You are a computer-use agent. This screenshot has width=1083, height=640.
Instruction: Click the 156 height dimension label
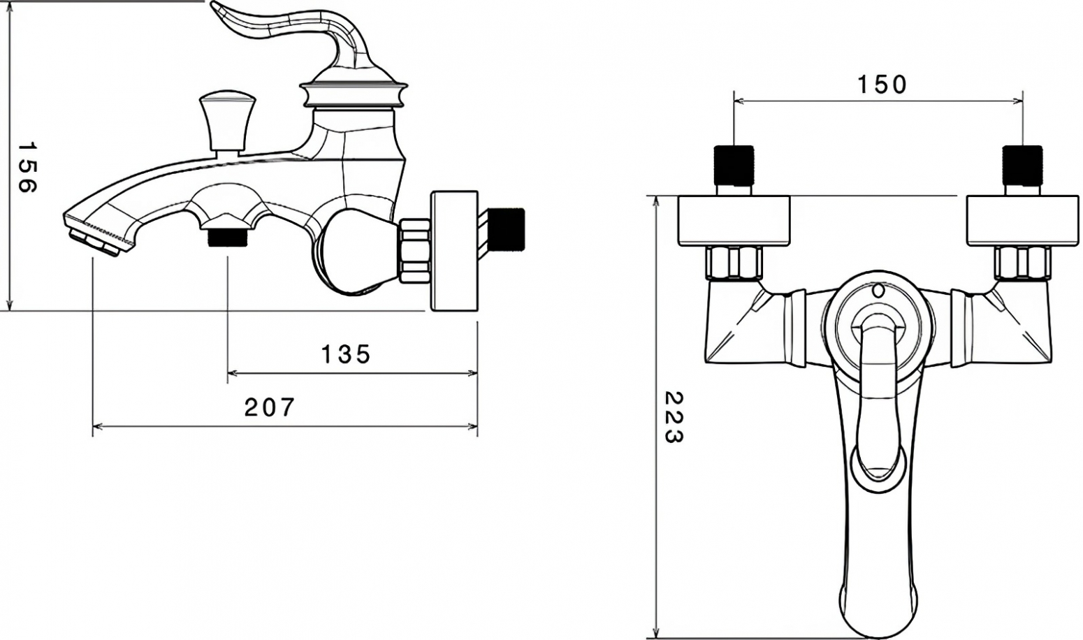click(27, 167)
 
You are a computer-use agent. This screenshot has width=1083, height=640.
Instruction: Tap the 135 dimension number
click(346, 354)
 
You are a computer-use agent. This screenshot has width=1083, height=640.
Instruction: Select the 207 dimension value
click(269, 407)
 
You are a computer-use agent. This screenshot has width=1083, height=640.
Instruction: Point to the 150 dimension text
click(882, 85)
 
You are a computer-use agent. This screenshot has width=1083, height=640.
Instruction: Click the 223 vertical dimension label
click(674, 417)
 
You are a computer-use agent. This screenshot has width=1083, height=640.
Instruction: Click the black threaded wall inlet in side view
click(506, 229)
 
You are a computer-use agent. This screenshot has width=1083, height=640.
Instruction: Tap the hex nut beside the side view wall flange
click(415, 250)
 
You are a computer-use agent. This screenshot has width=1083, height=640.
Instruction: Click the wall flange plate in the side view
click(454, 250)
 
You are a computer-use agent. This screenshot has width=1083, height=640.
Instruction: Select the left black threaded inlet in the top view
click(734, 166)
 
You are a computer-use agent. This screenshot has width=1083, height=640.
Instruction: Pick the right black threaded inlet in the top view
click(1023, 166)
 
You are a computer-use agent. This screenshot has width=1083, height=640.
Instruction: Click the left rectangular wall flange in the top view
click(734, 221)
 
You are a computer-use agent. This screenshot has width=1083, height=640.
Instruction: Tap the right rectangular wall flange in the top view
click(1023, 221)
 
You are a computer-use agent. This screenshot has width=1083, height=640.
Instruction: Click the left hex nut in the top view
click(734, 263)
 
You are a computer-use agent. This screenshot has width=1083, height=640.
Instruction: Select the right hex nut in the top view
click(1023, 263)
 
